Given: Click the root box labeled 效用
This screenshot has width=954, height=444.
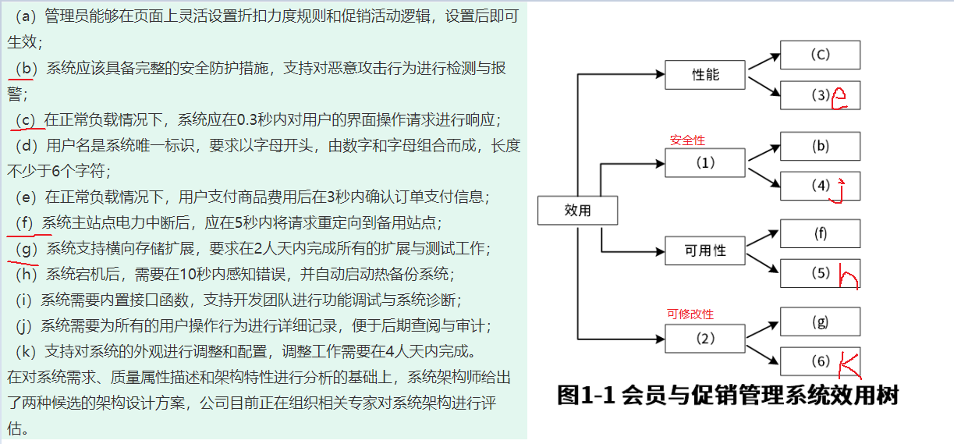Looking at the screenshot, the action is tap(577, 211).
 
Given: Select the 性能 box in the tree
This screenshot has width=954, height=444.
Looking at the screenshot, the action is tap(705, 75).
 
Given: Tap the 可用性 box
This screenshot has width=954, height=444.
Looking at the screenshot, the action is tap(705, 250).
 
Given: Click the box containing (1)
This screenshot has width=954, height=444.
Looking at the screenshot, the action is tap(705, 164).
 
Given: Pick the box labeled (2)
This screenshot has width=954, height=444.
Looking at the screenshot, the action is tap(705, 339).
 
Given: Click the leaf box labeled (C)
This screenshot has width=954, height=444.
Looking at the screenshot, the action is tap(820, 55).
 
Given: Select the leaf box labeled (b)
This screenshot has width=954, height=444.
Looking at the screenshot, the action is tap(820, 146).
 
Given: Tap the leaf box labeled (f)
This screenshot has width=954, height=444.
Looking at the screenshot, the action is tap(820, 233).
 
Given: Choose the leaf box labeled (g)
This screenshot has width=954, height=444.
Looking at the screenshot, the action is tap(820, 321).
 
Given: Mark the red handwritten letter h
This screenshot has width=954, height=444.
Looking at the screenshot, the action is tap(847, 276).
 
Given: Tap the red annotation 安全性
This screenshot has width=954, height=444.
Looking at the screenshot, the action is tap(687, 140).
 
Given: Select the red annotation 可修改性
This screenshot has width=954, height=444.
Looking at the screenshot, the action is tap(690, 314).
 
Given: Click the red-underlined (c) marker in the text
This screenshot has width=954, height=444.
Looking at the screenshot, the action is tap(27, 119).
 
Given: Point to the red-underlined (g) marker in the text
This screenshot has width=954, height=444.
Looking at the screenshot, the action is tap(27, 249).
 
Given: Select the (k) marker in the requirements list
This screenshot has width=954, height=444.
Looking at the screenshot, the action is tap(27, 349).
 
